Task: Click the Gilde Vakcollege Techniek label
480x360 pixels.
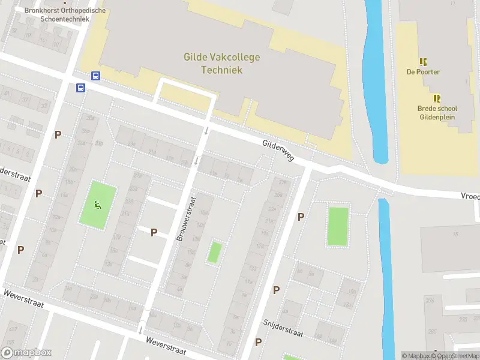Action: coord(221,64)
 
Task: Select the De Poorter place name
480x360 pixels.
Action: coord(423,72)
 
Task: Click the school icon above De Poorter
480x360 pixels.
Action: coord(423,62)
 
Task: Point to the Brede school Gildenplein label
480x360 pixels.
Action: coord(437,113)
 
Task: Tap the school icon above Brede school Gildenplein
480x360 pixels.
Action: coord(437,98)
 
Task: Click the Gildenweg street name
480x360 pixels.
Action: coord(278,151)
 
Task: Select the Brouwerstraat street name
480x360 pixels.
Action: coord(187,219)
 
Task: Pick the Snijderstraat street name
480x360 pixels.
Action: coord(283,328)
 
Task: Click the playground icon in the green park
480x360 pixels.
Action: coord(97,204)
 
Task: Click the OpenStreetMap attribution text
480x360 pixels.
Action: coord(458,356)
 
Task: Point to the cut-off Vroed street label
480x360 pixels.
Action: coord(470,196)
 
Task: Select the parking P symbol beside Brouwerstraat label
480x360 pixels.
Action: coord(154,232)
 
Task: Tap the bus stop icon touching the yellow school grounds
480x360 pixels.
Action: coord(95,76)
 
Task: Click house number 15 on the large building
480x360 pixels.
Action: coord(455,234)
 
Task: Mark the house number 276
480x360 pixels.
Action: coord(429,300)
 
